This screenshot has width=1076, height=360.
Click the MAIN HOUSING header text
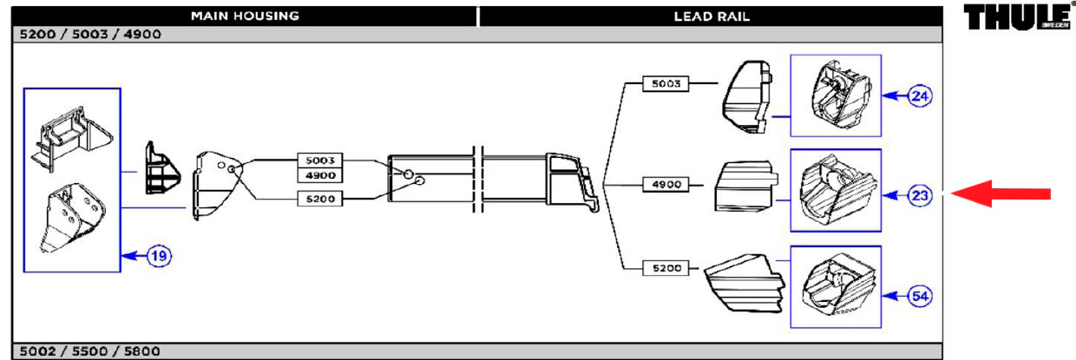(x=245, y=16)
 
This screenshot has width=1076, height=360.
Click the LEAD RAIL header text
(x=712, y=16)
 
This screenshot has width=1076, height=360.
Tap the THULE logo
(x=1017, y=16)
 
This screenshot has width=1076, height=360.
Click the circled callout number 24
(x=920, y=96)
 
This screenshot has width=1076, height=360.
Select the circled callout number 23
(x=920, y=195)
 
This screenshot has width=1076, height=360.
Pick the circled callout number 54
(x=920, y=296)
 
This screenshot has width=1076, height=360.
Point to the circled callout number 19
(x=159, y=256)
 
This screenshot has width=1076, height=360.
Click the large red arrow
(x=1001, y=193)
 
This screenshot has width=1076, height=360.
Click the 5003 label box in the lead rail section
(x=666, y=83)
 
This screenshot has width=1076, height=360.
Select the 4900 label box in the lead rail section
(x=666, y=184)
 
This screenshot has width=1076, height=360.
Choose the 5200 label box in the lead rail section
(x=666, y=268)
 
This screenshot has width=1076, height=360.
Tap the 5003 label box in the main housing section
(x=320, y=160)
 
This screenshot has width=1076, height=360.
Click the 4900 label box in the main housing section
(x=320, y=175)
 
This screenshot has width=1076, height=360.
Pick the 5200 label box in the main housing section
(x=320, y=199)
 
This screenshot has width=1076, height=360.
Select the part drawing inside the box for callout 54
(x=837, y=287)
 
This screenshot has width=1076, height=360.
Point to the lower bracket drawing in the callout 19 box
(x=72, y=219)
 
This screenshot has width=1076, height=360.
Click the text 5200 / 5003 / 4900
(x=90, y=34)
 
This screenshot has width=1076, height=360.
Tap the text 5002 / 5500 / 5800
(x=90, y=350)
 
